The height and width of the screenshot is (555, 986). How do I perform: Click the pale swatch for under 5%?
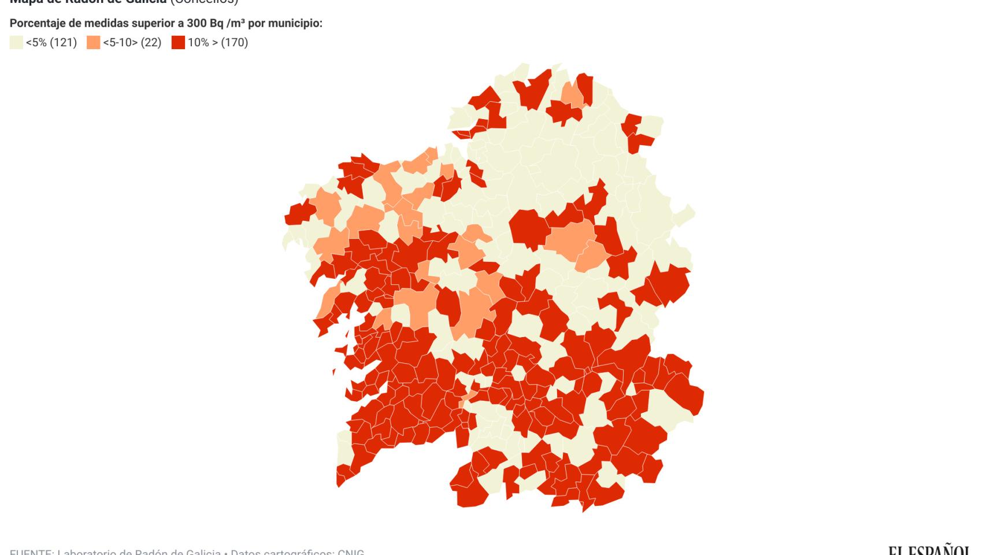(x=16, y=42)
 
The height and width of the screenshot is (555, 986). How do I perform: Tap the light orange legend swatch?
(x=93, y=42)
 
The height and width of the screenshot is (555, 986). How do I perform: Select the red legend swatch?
(x=178, y=42)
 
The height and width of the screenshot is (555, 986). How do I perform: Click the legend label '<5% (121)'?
(x=51, y=42)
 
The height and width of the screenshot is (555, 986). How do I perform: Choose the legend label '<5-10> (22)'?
(x=132, y=42)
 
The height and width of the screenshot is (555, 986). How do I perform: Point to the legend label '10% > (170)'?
(x=218, y=42)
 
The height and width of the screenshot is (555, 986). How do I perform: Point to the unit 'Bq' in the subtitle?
(x=218, y=24)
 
